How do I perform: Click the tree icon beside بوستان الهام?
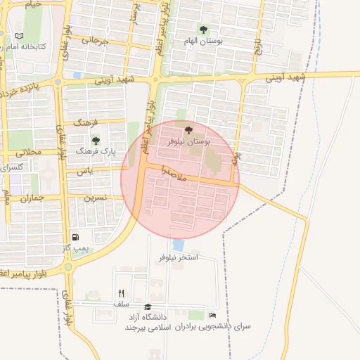[x=203, y=30]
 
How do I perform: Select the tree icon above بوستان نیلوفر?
[x=188, y=129]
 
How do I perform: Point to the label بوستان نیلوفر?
[x=189, y=141]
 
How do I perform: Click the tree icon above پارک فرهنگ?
[x=95, y=141]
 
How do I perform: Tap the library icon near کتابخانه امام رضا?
[x=19, y=35]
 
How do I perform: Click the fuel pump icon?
[x=75, y=238]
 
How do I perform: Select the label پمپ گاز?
[x=75, y=249]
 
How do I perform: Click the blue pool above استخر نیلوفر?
[x=179, y=245]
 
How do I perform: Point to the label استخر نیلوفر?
[x=179, y=258]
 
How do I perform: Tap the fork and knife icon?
[x=121, y=293]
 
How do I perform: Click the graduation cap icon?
[x=148, y=307]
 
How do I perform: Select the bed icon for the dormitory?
[x=212, y=315]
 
